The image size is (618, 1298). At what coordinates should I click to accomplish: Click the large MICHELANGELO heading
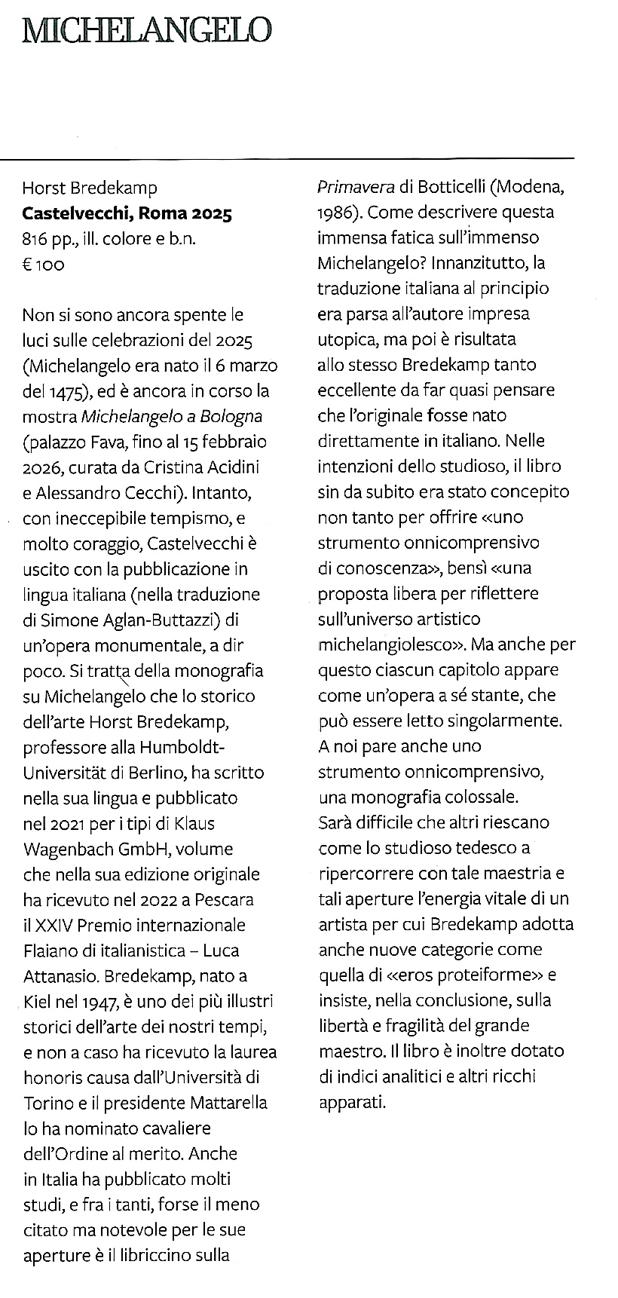(146, 31)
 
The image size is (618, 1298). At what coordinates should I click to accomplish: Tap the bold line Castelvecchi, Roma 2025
(127, 213)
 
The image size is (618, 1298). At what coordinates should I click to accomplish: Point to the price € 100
(44, 265)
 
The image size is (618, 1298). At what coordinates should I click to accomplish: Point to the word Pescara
(229, 899)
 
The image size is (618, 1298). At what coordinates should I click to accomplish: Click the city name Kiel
(37, 1002)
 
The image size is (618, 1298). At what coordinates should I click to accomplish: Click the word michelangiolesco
(384, 644)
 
